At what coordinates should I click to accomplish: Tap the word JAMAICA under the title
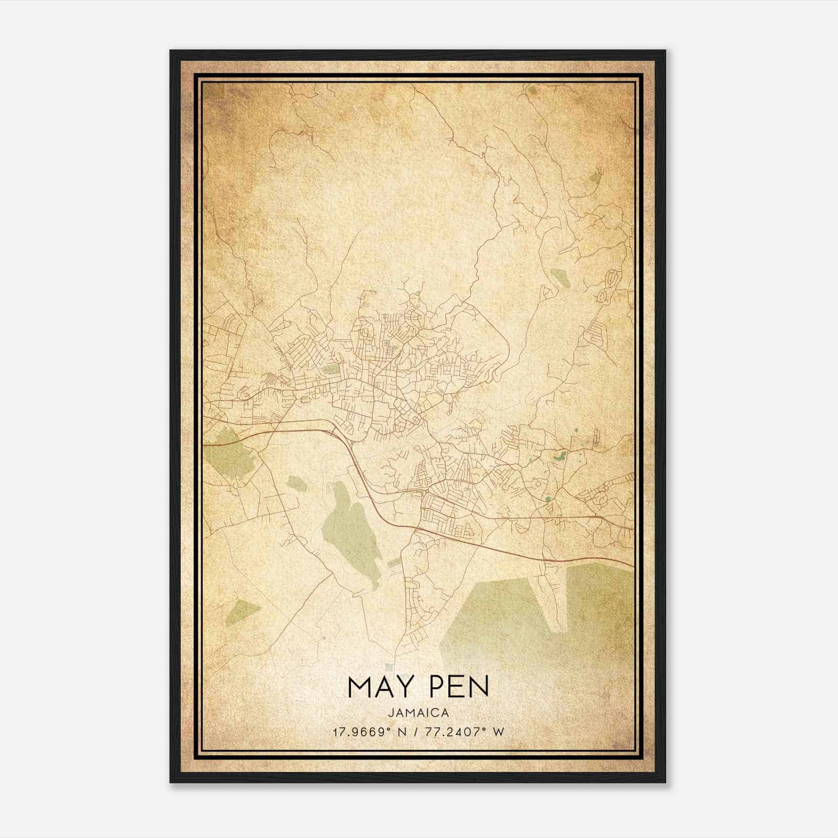[x=418, y=713]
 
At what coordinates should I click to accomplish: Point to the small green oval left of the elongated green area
[x=297, y=483]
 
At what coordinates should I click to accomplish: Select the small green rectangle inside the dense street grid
[x=330, y=370]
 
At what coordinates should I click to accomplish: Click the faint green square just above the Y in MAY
[x=389, y=667]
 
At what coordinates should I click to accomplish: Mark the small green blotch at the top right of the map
[x=533, y=90]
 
